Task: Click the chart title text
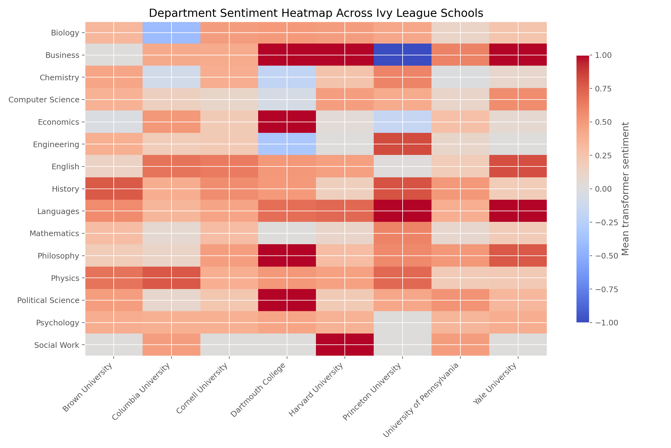click(x=316, y=13)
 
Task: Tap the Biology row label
click(x=66, y=33)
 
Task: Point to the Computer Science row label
click(x=44, y=100)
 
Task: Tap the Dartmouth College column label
click(x=260, y=392)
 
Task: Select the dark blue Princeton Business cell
click(x=403, y=55)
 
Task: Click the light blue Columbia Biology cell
click(x=171, y=33)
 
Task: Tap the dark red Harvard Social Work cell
click(x=345, y=345)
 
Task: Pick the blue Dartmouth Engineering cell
click(x=287, y=144)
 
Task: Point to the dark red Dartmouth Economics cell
click(x=287, y=122)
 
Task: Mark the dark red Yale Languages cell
click(x=518, y=211)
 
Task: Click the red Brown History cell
click(x=114, y=189)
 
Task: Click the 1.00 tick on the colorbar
click(x=603, y=55)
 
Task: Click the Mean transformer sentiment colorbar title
click(x=625, y=189)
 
